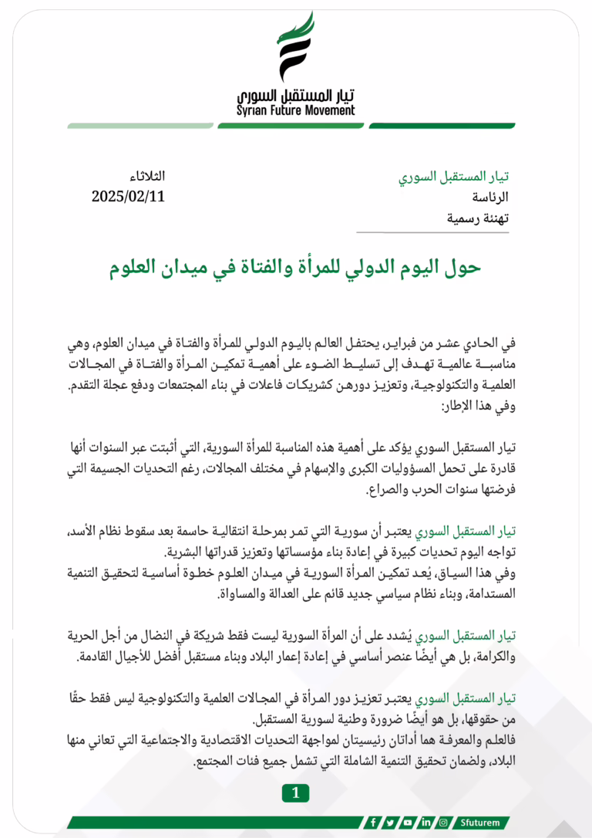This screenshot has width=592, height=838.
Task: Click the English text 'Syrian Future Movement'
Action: (296, 110)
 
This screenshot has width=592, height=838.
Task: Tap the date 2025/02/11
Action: (128, 196)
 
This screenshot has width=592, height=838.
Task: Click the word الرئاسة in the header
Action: (489, 198)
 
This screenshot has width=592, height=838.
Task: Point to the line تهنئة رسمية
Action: (478, 218)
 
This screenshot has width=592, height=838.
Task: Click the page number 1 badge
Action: (296, 792)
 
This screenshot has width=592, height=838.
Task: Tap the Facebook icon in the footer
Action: (373, 823)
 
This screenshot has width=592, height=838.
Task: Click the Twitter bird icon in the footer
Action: (391, 823)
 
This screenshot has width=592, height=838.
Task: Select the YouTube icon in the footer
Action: (409, 823)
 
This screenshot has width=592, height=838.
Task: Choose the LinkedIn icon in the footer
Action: (426, 823)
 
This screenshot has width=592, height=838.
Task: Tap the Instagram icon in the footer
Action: (444, 823)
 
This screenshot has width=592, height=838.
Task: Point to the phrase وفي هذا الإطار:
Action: (476, 404)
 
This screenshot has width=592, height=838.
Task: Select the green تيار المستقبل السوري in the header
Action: (453, 177)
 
